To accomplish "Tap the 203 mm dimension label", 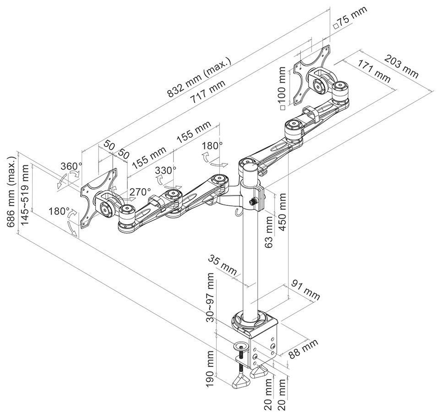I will click(401, 66).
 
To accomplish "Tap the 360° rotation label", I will click(71, 166).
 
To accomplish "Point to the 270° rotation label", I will click(140, 192).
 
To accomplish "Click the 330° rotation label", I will click(165, 170).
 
